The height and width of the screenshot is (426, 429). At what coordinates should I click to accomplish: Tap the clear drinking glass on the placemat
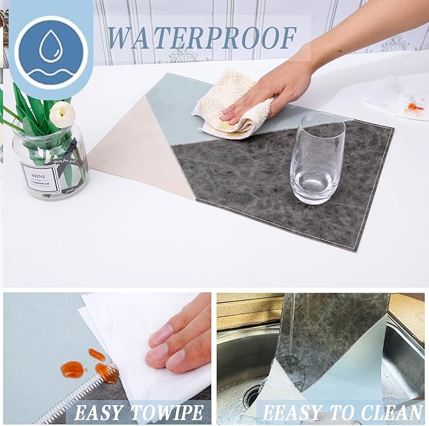click(x=317, y=158)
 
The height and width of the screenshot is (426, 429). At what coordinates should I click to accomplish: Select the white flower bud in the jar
click(x=62, y=114)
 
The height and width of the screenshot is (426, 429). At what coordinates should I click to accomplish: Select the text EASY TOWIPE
click(x=140, y=413)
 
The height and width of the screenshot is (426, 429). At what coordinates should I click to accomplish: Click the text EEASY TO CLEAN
click(x=342, y=413)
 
